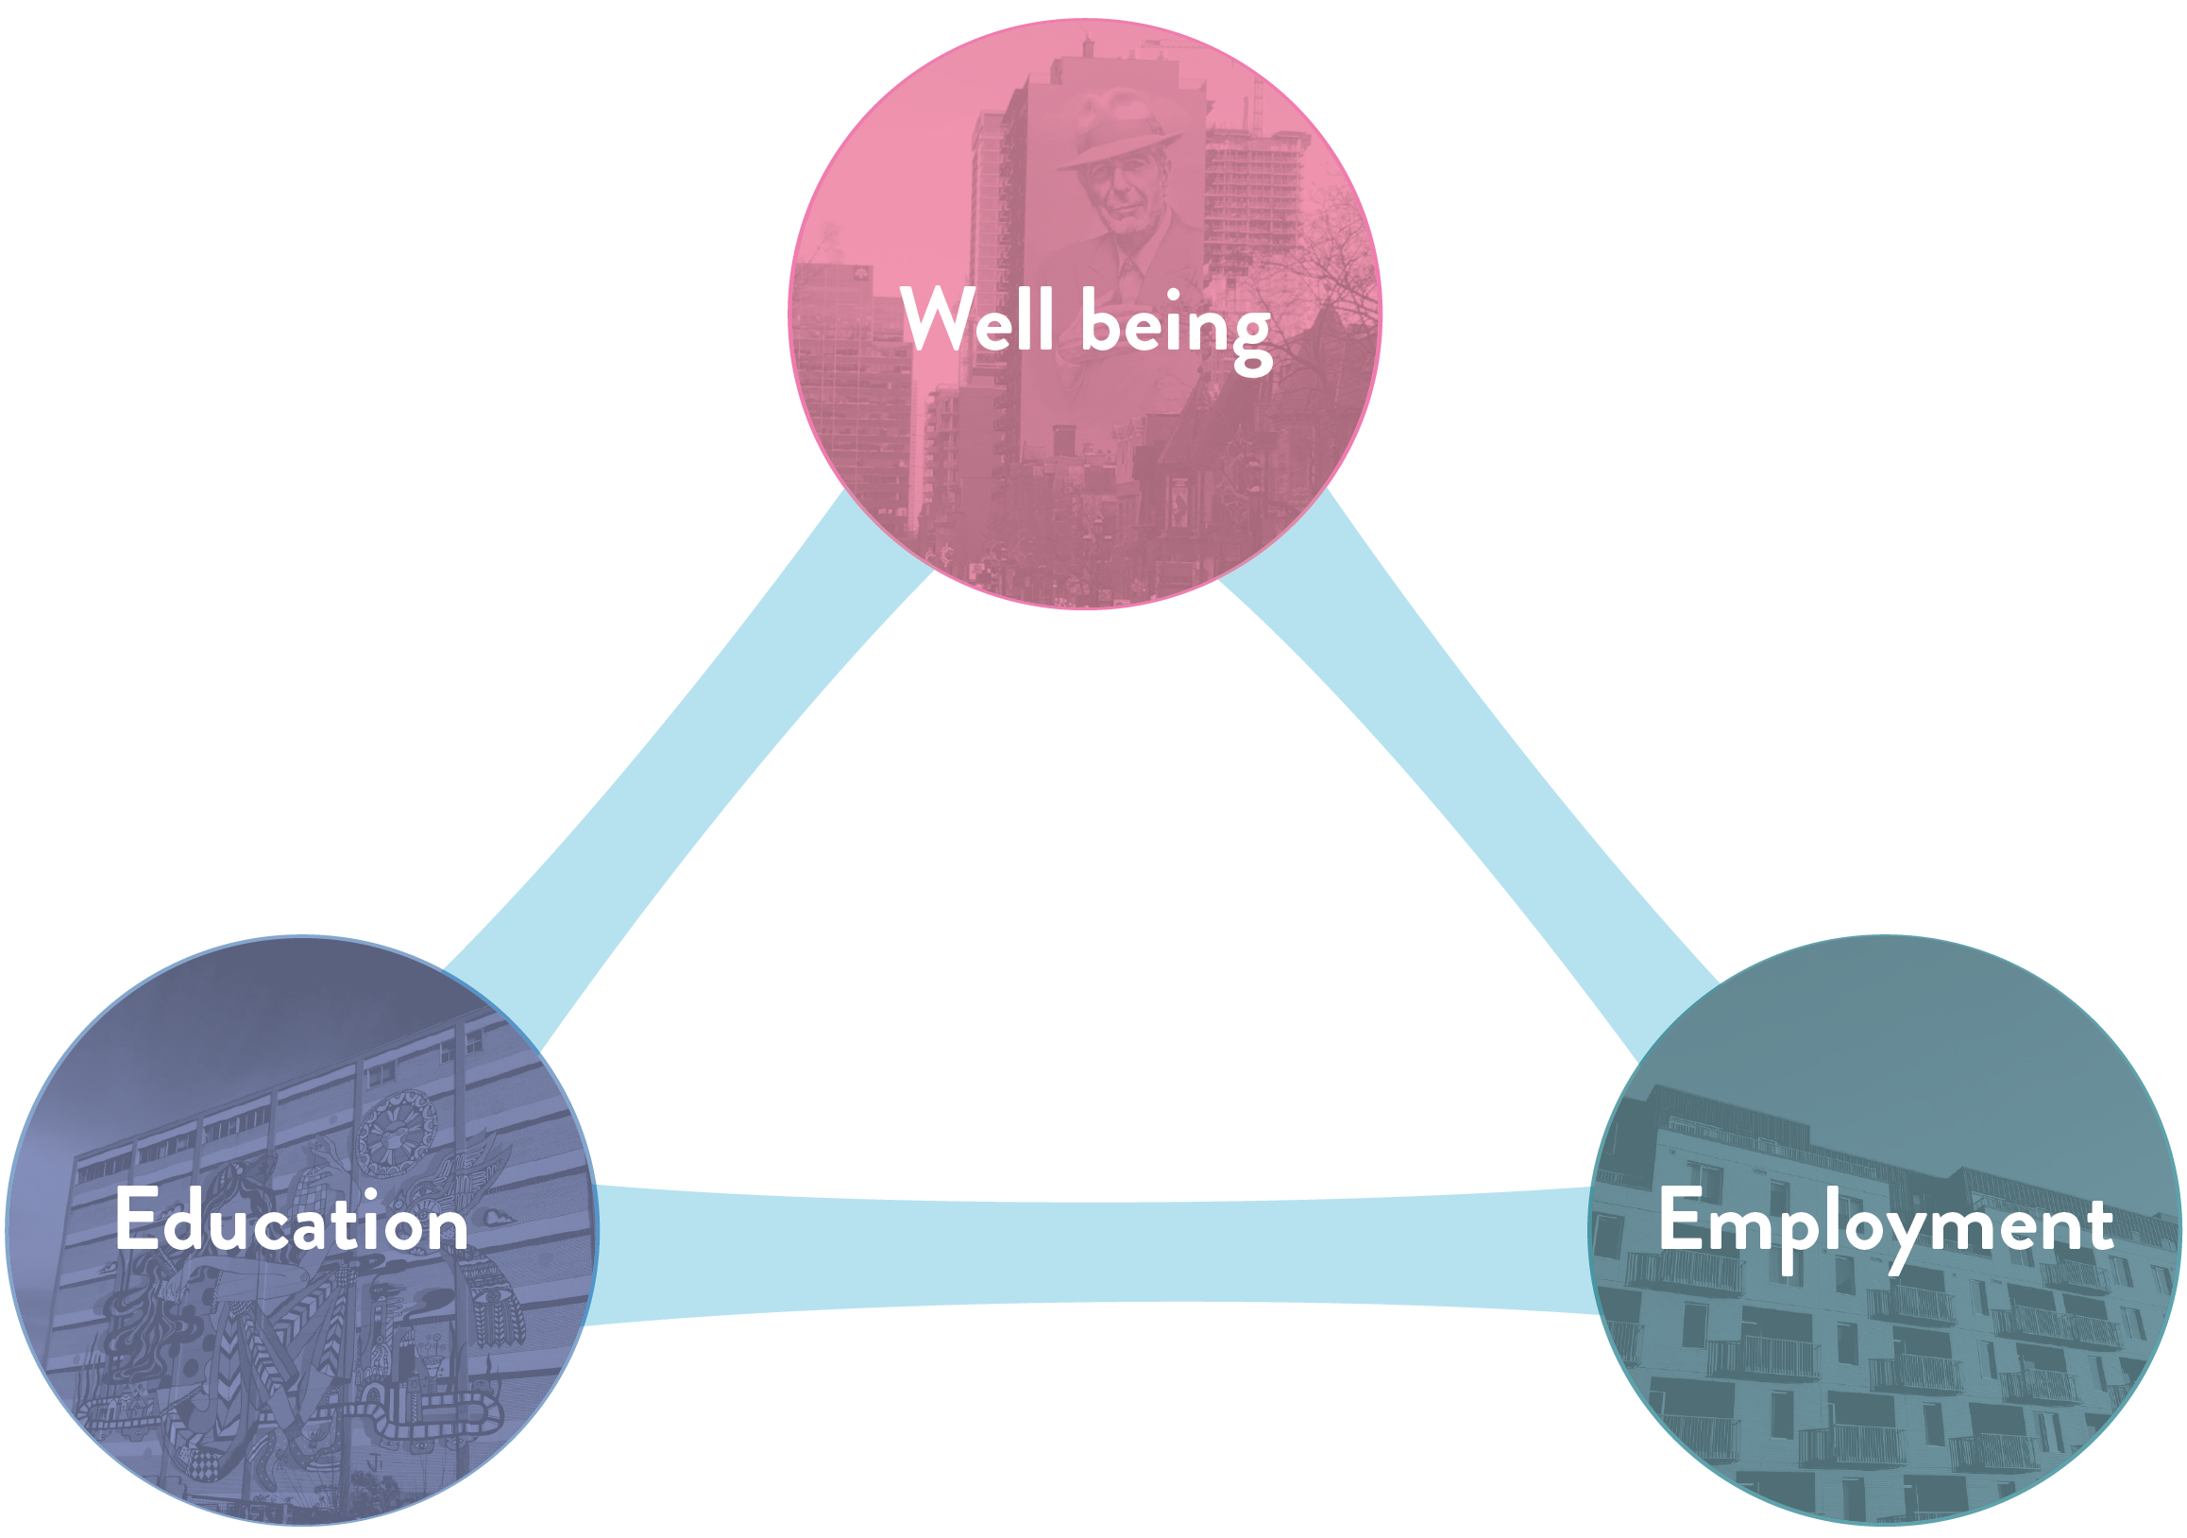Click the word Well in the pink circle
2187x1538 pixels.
[977, 319]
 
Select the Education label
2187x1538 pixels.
[292, 1221]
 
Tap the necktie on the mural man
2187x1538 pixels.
[1128, 277]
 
